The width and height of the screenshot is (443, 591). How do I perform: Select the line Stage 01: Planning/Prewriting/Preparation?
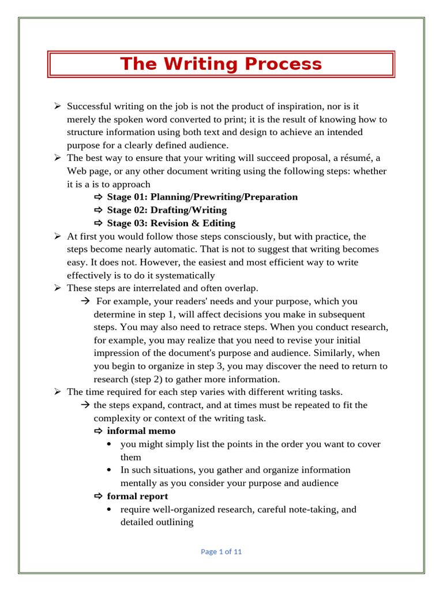click(202, 197)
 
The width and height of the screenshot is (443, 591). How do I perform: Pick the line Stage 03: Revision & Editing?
click(171, 223)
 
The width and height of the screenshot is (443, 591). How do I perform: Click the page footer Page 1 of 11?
click(221, 552)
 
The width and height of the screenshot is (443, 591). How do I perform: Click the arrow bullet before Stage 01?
click(97, 197)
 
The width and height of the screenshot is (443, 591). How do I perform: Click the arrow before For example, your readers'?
click(84, 301)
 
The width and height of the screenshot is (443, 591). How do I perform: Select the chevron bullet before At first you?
click(58, 237)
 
